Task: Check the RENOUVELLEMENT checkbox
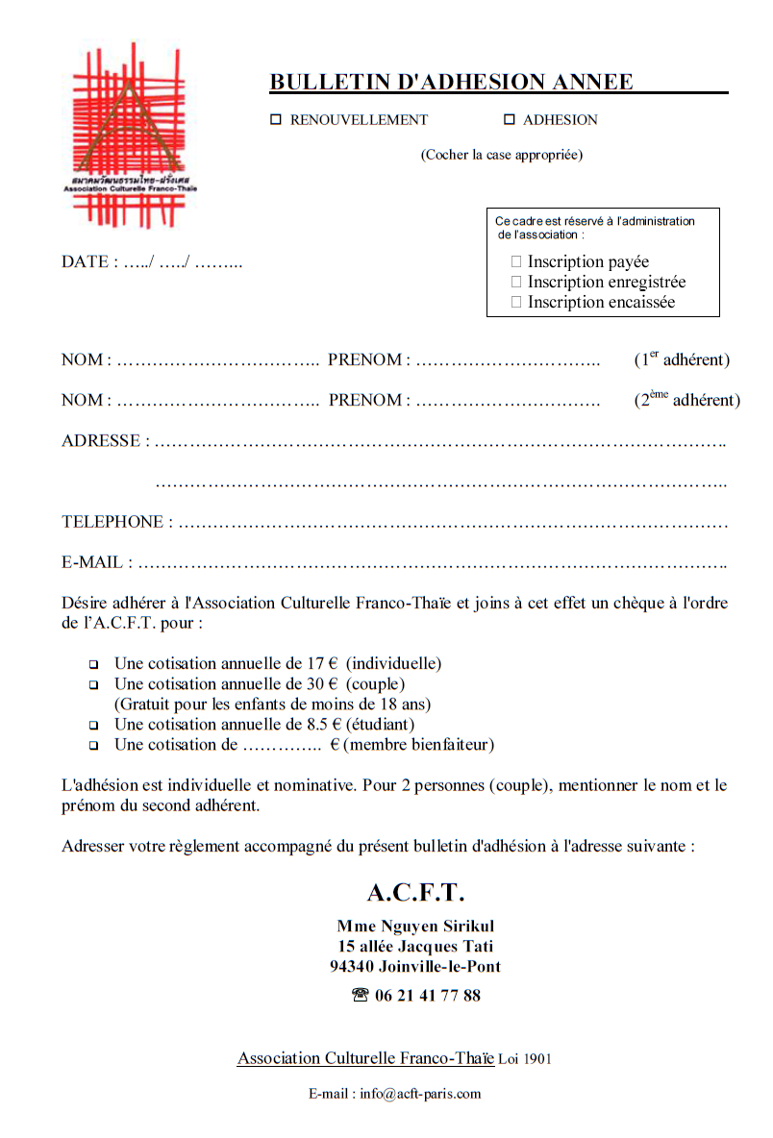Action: tap(276, 120)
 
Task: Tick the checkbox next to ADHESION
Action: tap(510, 120)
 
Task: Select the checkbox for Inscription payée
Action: tap(516, 261)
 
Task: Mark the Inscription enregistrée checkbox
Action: tap(516, 282)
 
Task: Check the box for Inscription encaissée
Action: tap(516, 302)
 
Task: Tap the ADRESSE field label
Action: tap(101, 441)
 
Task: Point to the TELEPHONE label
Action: tap(112, 522)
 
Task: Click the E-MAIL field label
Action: tap(92, 562)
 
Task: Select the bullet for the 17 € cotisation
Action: tap(94, 664)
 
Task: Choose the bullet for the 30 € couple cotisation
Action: tap(94, 685)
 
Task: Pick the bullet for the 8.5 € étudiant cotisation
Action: tap(94, 726)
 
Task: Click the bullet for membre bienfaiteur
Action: tap(94, 746)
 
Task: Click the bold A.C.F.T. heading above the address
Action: tap(415, 893)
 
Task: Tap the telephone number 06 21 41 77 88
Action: tap(428, 996)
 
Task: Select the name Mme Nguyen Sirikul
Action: tap(415, 927)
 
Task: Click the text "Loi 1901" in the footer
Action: tap(525, 1059)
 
